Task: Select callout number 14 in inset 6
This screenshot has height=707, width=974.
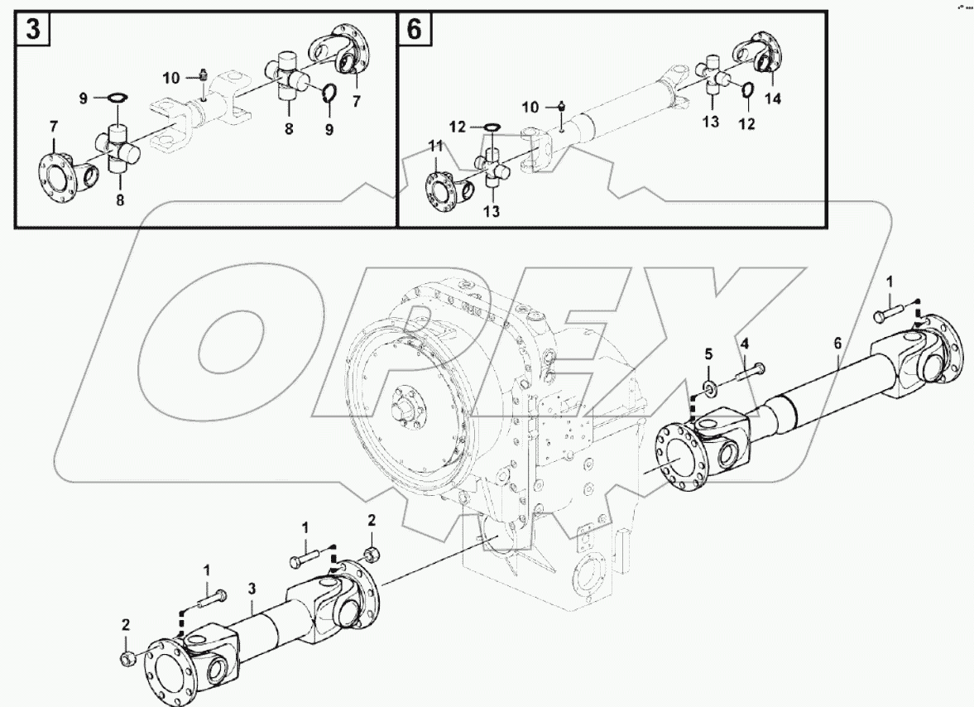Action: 772,98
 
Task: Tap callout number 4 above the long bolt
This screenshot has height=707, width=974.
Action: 744,344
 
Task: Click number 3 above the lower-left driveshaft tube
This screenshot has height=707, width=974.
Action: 252,589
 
